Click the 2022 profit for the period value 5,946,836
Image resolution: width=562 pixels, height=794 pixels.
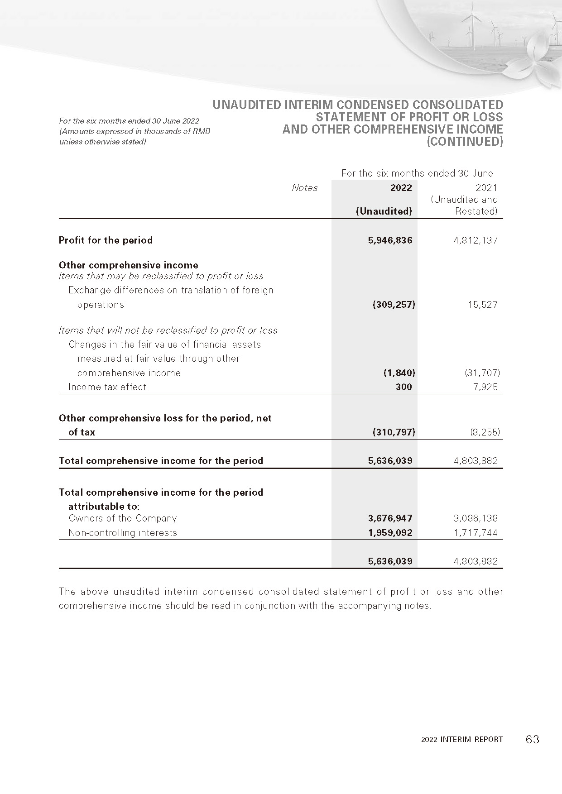pos(390,240)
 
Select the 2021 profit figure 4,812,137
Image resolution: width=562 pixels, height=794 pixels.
pos(476,240)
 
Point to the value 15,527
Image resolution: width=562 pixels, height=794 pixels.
pos(483,305)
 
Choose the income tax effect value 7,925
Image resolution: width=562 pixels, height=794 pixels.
pos(485,387)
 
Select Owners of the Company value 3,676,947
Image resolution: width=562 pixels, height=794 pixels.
pos(390,518)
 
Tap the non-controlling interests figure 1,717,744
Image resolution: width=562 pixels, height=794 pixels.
pos(476,533)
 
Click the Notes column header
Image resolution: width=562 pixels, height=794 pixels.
pos(304,188)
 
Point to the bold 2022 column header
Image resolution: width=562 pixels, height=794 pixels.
pos(401,188)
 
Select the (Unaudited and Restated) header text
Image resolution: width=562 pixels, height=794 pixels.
pos(464,205)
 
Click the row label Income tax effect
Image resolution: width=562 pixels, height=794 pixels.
pos(107,387)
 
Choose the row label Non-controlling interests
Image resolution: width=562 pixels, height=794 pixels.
pos(123,533)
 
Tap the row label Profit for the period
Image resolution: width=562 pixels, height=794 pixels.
pos(106,240)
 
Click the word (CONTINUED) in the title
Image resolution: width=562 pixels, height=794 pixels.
pos(465,142)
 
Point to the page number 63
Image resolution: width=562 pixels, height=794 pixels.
pos(533,740)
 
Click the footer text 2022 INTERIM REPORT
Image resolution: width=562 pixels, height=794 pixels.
pos(462,740)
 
